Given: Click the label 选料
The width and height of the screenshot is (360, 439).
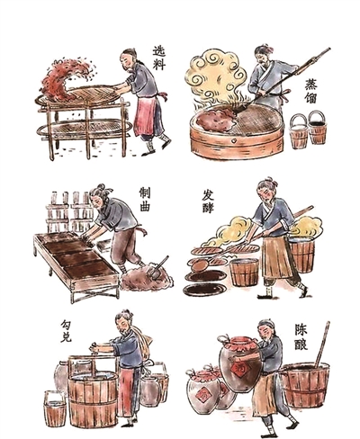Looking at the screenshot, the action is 159,58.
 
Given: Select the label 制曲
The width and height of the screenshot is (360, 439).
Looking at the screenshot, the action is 145,200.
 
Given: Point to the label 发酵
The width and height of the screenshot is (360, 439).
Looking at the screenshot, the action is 208,202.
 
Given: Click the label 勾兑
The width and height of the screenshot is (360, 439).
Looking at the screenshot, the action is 66,331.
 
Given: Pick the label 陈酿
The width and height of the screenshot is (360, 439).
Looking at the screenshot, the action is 301,337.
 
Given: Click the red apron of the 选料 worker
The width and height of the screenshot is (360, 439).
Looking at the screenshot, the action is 145,115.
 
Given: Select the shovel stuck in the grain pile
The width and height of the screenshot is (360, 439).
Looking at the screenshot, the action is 157,267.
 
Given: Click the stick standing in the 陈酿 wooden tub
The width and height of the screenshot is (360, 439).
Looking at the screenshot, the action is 323,344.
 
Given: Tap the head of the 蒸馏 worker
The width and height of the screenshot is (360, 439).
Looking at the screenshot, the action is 264,56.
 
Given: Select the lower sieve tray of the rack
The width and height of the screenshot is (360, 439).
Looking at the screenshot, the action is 84,129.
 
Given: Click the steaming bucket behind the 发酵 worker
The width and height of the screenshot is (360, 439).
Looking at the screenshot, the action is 301,254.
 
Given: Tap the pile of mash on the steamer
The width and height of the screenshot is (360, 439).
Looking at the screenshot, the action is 215,119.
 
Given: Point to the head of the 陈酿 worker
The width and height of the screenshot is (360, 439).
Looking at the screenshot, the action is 266,330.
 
